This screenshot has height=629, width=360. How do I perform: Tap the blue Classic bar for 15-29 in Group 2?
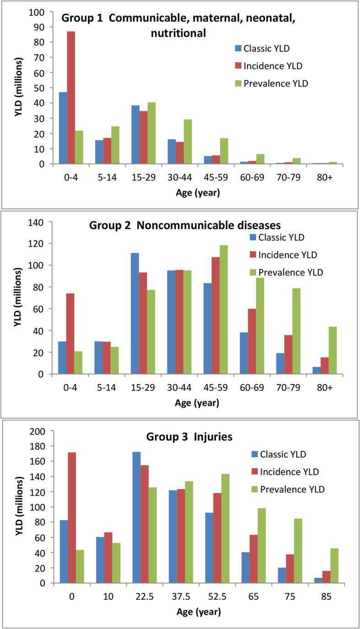(135, 313)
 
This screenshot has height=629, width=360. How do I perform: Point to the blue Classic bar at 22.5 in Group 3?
(136, 517)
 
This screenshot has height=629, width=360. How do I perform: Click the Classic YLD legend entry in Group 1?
(263, 48)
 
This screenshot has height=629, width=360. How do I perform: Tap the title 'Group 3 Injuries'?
(189, 436)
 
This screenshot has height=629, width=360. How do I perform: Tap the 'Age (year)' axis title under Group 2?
(198, 403)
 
